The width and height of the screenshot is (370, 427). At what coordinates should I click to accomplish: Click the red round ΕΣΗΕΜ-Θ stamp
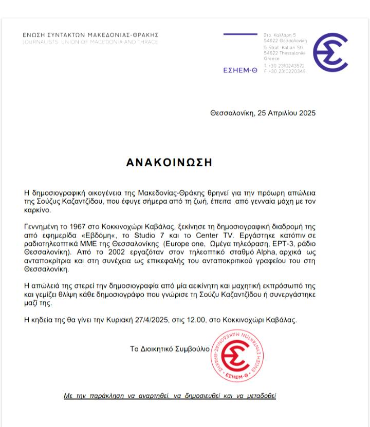click(x=238, y=355)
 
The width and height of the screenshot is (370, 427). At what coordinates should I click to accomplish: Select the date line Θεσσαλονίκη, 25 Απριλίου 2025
click(x=263, y=113)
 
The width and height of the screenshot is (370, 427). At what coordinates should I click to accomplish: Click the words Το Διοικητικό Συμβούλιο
click(x=170, y=349)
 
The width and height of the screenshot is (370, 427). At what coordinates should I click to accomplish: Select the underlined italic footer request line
click(x=170, y=396)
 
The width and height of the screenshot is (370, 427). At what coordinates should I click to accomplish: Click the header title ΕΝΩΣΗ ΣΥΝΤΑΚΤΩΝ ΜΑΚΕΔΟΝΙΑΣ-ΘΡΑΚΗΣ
click(x=90, y=35)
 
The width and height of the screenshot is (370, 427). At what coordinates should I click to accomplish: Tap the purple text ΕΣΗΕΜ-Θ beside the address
click(x=240, y=71)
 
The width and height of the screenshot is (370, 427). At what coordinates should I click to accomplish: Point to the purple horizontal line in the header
click(x=240, y=34)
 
